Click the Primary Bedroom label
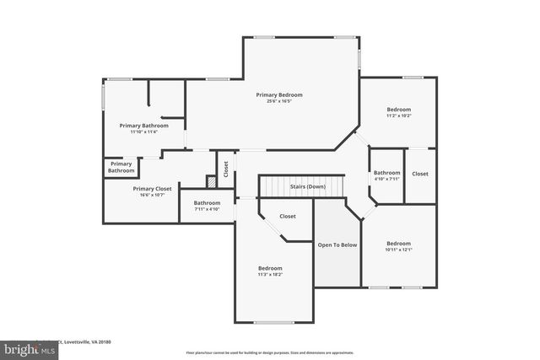click(278, 94)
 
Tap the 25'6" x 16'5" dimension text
click(278, 101)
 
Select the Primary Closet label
click(152, 189)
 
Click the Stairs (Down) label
click(307, 186)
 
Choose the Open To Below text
click(337, 244)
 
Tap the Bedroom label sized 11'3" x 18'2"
click(270, 268)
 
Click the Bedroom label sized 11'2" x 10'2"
click(398, 110)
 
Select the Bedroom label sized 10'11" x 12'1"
click(398, 243)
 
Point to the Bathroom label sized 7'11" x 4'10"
click(207, 202)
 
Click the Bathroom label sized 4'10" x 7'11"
click(387, 173)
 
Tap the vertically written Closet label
click(225, 169)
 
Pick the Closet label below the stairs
click(288, 216)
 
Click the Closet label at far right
click(420, 174)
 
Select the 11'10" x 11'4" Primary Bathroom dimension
click(143, 132)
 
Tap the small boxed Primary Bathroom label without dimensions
click(121, 167)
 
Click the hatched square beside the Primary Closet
click(211, 180)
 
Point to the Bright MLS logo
click(30, 347)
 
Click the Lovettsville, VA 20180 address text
click(88, 342)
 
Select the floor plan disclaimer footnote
click(269, 352)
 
